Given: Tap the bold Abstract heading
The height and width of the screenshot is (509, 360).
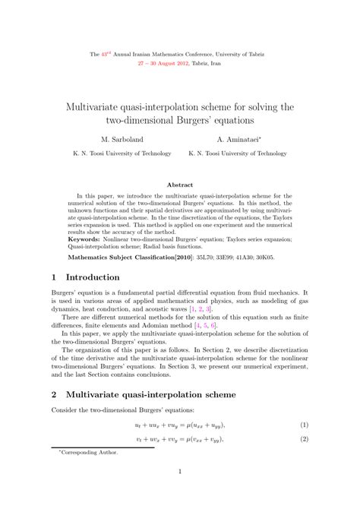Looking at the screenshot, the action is coord(180,185).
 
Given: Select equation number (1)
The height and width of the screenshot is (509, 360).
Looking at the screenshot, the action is coord(303,425).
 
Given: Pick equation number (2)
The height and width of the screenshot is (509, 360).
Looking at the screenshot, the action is coord(303,439).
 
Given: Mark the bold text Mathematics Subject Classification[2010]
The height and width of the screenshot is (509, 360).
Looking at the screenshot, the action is coord(125,258).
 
